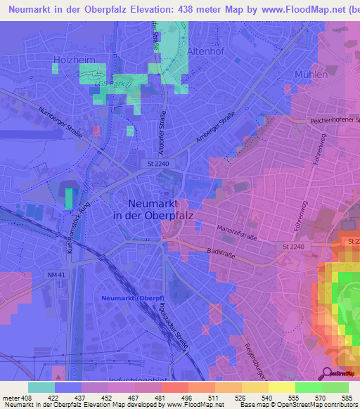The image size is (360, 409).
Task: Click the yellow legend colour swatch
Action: tap(281, 387)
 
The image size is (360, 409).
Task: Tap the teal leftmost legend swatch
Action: tap(41, 387)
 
